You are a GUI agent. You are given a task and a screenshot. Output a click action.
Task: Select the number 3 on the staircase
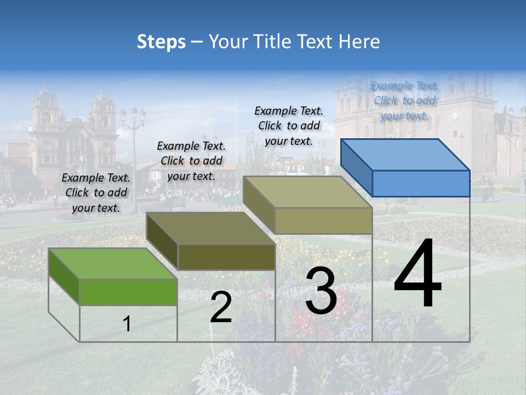coord(321,291)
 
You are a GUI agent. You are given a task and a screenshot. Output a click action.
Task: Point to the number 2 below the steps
coord(221,307)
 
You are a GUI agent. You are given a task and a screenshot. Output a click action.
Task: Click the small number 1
coord(127,324)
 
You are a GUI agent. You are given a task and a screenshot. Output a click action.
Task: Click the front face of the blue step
coord(421,183)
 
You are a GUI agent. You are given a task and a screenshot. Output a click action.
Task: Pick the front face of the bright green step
coord(128,292)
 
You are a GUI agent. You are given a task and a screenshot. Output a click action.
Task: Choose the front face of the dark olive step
coord(226,257)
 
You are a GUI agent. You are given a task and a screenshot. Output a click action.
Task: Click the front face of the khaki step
coord(323,221)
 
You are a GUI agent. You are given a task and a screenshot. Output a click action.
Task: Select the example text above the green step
coord(96,193)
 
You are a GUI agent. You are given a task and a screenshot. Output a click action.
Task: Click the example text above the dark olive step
coord(191,161)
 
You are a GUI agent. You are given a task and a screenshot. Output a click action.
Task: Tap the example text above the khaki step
coord(289,126)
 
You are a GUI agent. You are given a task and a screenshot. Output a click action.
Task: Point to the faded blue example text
coord(404,100)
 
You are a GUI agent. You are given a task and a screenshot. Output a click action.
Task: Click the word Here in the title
coord(359,42)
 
